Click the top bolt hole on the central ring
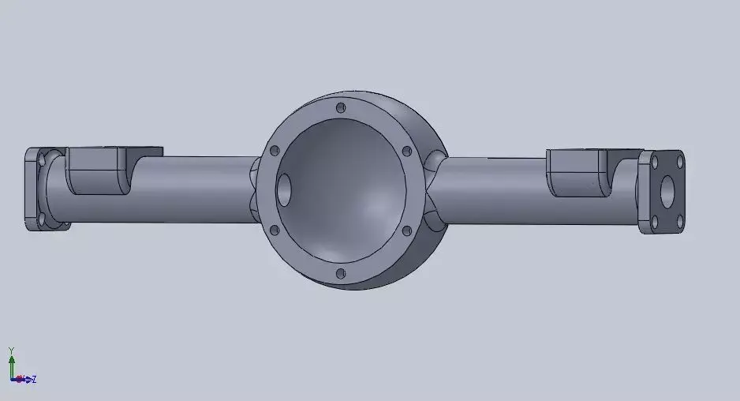[x=340, y=107]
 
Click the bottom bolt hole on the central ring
[x=340, y=274]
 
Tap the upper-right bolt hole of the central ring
[x=406, y=151]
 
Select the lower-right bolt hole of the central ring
[x=406, y=231]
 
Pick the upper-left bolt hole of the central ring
[x=275, y=150]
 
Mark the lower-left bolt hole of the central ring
[x=274, y=230]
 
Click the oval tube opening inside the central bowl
[x=284, y=190]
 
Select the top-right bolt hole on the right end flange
[x=678, y=160]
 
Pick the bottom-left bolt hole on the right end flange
[x=654, y=222]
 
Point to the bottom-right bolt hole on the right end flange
[x=678, y=222]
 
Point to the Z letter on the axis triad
[x=34, y=380]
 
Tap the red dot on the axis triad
[x=19, y=380]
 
